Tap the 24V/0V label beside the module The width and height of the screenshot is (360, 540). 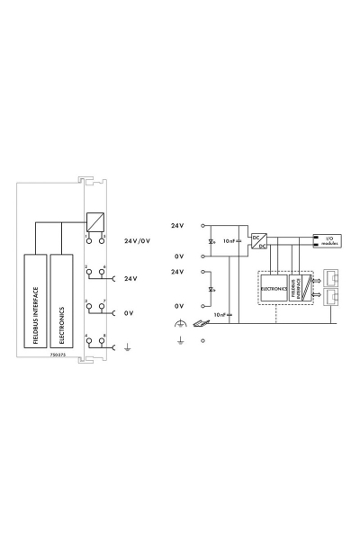pos(134,242)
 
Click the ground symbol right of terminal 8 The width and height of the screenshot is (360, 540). pos(127,346)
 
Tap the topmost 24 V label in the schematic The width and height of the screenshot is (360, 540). pos(178,224)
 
